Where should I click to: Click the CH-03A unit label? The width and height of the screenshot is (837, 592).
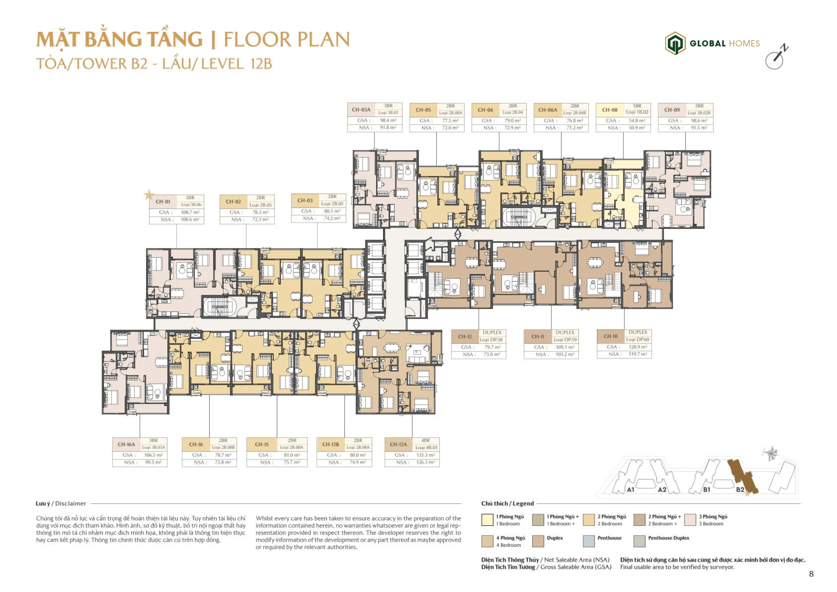pos(361,110)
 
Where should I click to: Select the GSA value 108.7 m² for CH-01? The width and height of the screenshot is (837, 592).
pos(190,212)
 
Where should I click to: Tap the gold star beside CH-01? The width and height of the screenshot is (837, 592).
pos(149,195)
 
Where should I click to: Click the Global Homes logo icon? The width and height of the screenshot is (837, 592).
pos(675,43)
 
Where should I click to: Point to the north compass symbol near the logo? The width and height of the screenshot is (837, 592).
pos(776,57)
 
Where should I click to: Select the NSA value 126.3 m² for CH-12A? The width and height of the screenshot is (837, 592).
pos(425,462)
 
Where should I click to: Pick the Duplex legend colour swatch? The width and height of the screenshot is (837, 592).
pos(538,541)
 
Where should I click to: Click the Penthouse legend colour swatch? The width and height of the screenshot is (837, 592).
pos(589,541)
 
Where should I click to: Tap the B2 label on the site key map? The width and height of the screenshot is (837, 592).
pos(740,490)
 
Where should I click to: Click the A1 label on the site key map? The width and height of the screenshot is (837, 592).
pos(630,490)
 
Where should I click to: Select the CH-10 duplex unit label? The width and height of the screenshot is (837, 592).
pos(610,336)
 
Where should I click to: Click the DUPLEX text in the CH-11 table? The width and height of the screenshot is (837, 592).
pos(565,333)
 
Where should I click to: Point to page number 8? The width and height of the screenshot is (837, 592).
pos(811,574)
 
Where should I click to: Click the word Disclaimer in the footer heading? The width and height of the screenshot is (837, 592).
pos(71,504)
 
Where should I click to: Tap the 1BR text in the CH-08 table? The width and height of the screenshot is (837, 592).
pos(637,106)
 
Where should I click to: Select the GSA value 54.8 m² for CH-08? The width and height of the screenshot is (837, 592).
pos(637,120)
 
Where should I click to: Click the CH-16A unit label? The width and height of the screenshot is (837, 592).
pos(126,444)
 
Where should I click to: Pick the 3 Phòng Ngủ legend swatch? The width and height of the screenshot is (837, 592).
pos(690,520)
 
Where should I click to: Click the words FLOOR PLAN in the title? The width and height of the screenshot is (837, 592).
pos(286,39)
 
